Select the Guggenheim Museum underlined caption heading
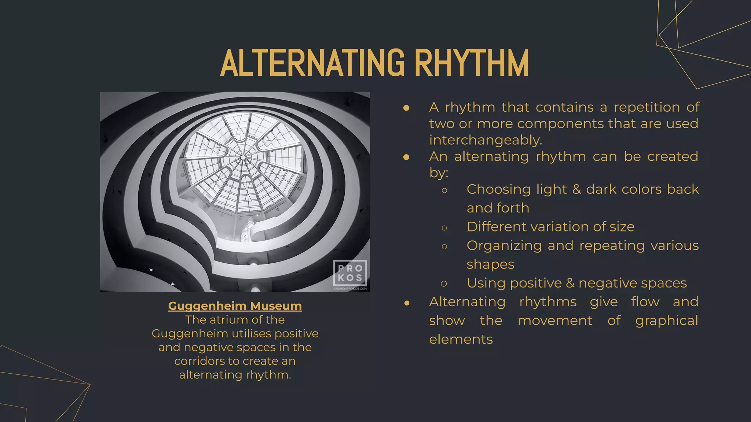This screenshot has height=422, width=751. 235,306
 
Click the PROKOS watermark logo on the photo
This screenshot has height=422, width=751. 350,273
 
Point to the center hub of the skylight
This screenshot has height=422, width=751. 243,158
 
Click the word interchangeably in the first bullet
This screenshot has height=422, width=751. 486,140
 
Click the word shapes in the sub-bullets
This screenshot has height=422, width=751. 490,264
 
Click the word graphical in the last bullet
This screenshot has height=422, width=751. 666,321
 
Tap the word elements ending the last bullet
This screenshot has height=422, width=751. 461,340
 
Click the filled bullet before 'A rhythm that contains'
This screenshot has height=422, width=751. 406,108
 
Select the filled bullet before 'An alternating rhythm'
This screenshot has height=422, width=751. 406,157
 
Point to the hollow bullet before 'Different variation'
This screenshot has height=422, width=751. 444,228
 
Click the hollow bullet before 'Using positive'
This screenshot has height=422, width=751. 444,284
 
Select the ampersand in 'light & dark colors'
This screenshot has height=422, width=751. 576,189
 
